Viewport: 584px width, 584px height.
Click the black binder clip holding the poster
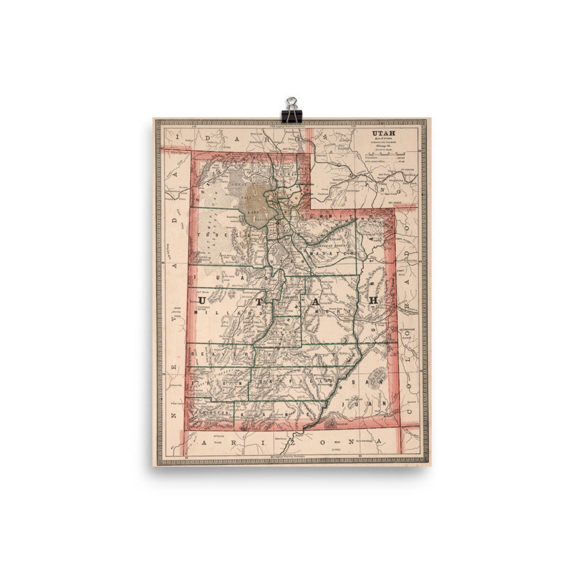pyautogui.click(x=291, y=110)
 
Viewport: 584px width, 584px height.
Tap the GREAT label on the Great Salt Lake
pyautogui.click(x=238, y=184)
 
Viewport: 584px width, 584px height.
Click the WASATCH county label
pyautogui.click(x=331, y=253)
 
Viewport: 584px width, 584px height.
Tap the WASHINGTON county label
pyautogui.click(x=208, y=413)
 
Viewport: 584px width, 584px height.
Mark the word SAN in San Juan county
pyautogui.click(x=367, y=382)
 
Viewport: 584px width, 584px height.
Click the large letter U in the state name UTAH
pyautogui.click(x=201, y=299)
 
